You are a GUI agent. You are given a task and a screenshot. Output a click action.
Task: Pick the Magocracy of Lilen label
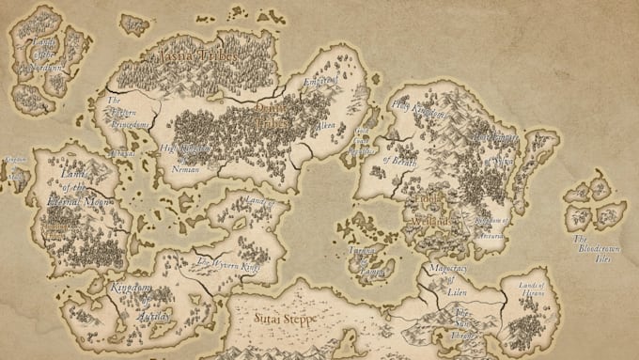448,278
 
